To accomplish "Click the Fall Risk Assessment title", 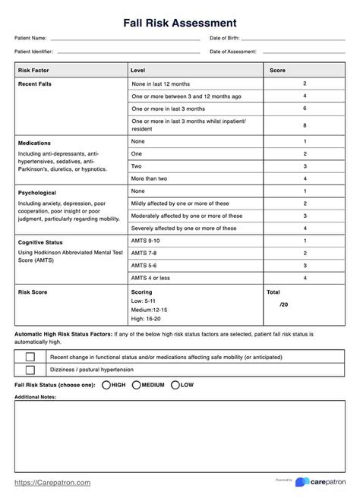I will pyautogui.click(x=180, y=23).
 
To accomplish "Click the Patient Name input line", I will pyautogui.click(x=125, y=38).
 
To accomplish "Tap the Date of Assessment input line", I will pyautogui.click(x=304, y=52).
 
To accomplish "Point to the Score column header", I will pyautogui.click(x=277, y=70).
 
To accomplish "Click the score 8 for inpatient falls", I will pyautogui.click(x=305, y=125).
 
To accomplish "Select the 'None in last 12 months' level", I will pyautogui.click(x=161, y=84).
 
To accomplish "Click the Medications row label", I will pyautogui.click(x=34, y=143).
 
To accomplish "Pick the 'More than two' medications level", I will pyautogui.click(x=150, y=178).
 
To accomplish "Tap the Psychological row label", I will pyautogui.click(x=36, y=193).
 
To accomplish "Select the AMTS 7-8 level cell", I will pyautogui.click(x=144, y=253).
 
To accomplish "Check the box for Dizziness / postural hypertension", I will pyautogui.click(x=30, y=370).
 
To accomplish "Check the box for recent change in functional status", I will pyautogui.click(x=30, y=356).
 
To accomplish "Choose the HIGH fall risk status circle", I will pyautogui.click(x=106, y=385).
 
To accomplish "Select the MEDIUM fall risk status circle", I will pyautogui.click(x=137, y=385).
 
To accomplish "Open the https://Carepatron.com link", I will pyautogui.click(x=52, y=482).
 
